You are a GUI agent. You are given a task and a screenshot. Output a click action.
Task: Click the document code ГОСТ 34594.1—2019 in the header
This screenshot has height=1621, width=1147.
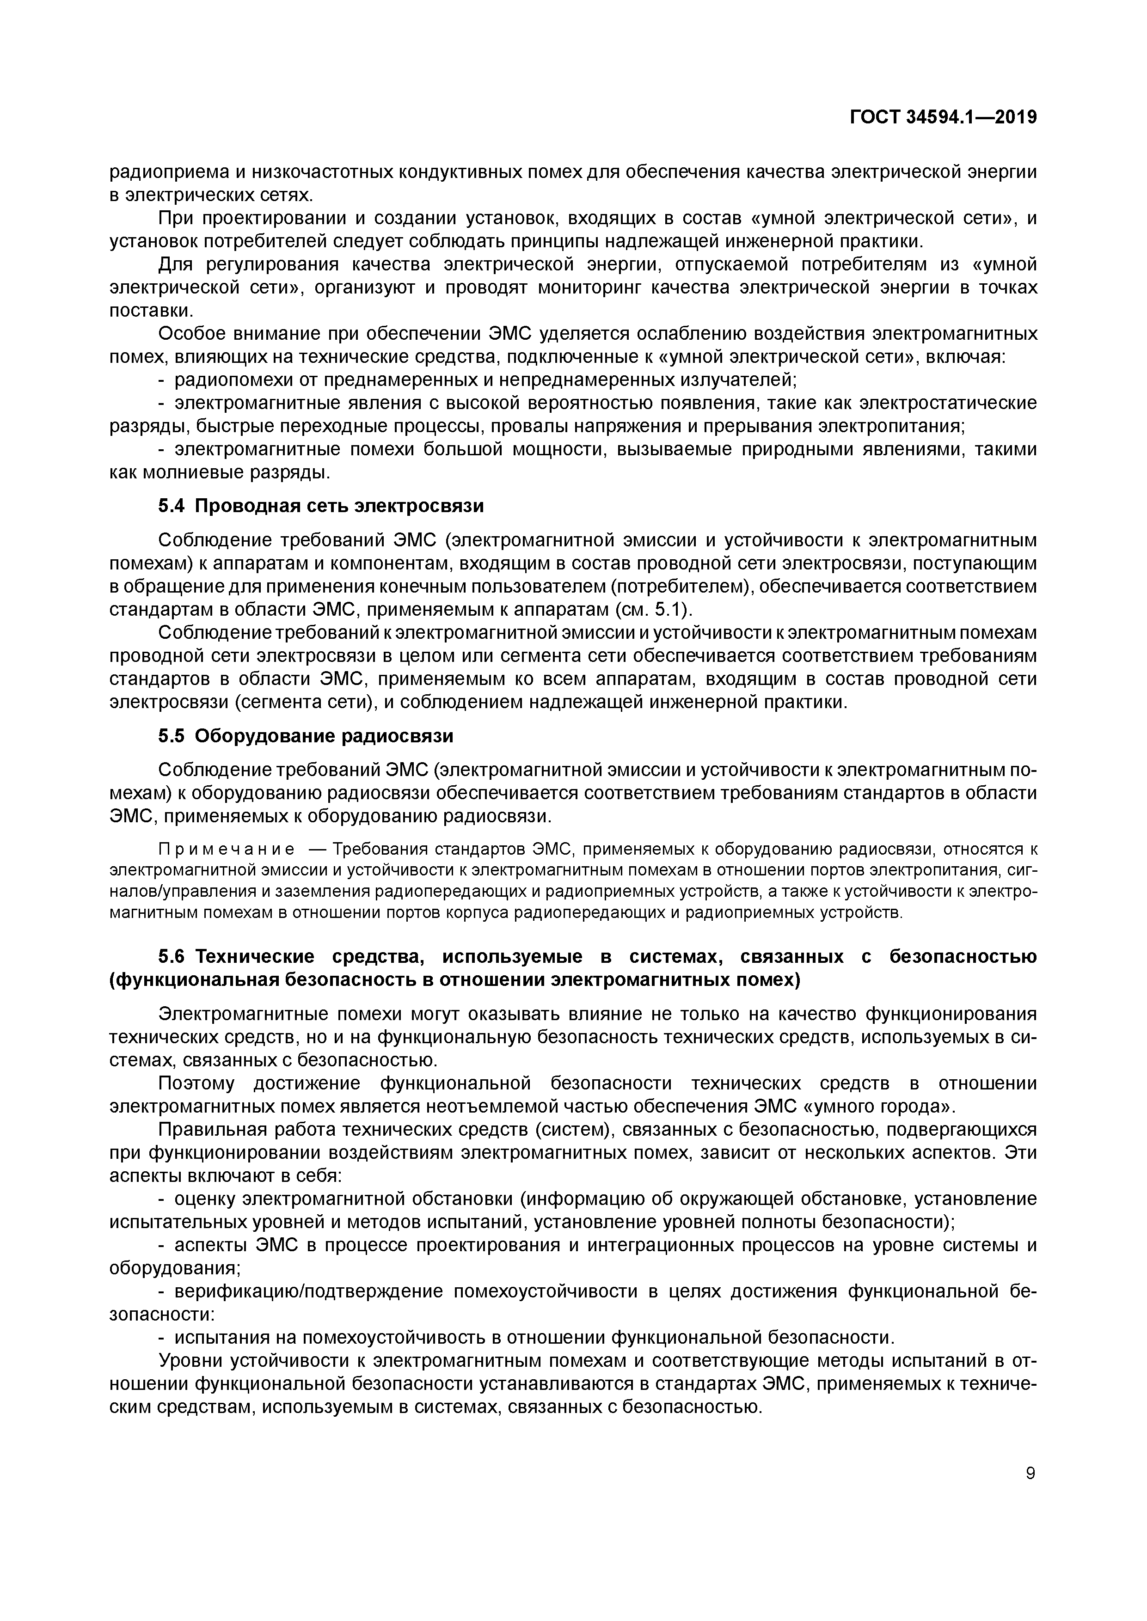click(x=942, y=117)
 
